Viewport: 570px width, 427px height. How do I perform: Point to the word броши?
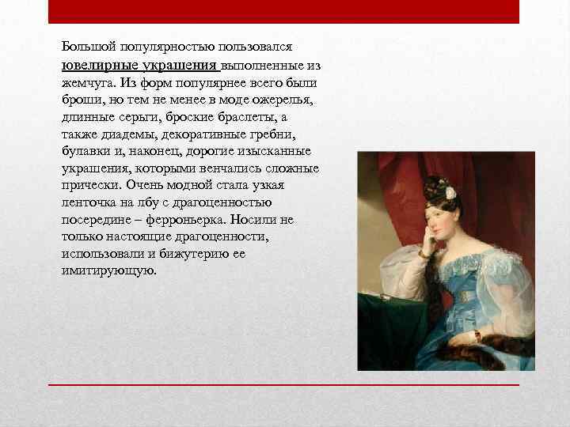pos(79,100)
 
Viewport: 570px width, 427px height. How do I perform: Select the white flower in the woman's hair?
pos(450,193)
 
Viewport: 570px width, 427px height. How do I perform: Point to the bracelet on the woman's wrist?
pos(477,335)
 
